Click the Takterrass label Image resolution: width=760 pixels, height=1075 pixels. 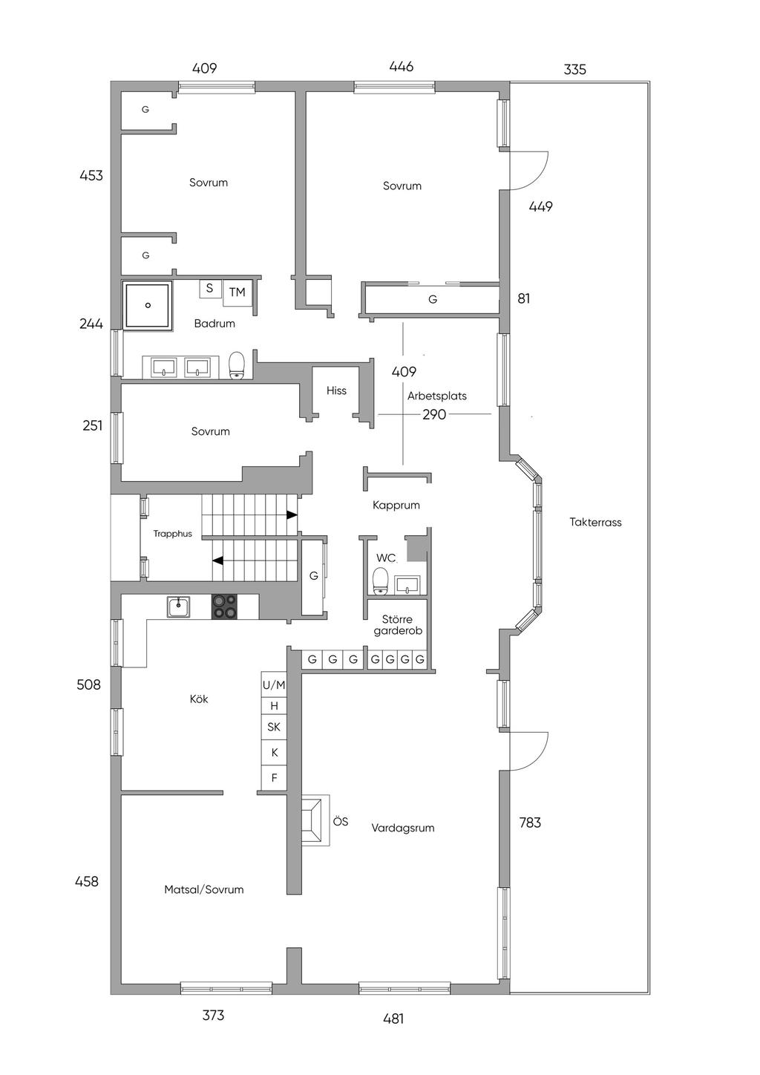(x=595, y=522)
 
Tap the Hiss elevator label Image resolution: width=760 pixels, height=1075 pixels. (x=336, y=391)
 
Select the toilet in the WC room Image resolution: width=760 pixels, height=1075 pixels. (x=380, y=581)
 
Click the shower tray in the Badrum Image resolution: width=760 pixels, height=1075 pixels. (x=148, y=304)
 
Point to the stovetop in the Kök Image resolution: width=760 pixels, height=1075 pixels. (x=226, y=607)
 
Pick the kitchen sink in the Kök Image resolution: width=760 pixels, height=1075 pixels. (x=178, y=607)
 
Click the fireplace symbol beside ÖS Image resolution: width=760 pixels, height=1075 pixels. (x=315, y=820)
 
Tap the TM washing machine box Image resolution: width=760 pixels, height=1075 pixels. (x=237, y=293)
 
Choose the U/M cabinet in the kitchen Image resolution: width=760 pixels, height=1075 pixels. (x=274, y=684)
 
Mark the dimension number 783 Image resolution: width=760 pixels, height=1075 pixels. (x=530, y=822)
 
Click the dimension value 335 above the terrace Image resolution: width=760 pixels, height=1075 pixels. (x=574, y=70)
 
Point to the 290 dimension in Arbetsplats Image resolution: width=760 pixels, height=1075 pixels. (x=434, y=414)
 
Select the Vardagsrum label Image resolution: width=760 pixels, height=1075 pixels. (x=403, y=828)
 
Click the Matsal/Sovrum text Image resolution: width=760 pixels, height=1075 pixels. (x=204, y=889)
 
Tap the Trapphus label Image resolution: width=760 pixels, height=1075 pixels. (x=173, y=534)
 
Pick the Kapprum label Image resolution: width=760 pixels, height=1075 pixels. (x=396, y=505)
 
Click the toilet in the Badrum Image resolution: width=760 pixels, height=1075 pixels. (x=237, y=365)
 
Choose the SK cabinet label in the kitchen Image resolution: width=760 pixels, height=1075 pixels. (x=274, y=728)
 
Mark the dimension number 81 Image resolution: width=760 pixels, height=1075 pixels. (x=524, y=298)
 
